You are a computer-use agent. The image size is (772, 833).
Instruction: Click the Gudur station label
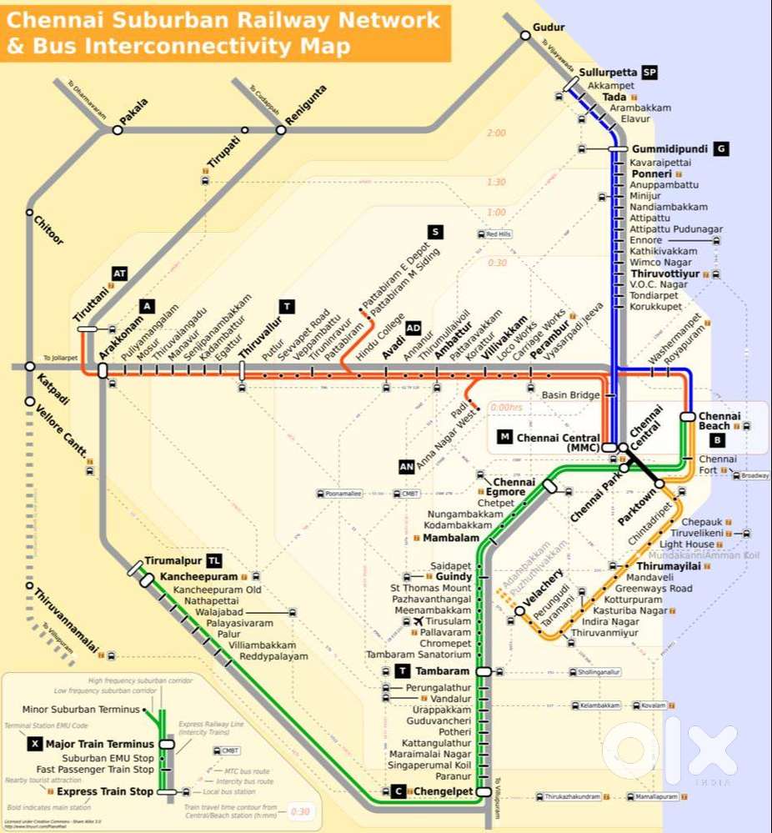[x=548, y=27]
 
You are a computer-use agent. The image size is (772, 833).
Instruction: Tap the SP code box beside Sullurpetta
[x=649, y=73]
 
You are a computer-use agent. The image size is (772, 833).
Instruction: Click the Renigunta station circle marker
[x=281, y=129]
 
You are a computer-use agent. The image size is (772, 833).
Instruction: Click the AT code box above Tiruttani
[x=119, y=273]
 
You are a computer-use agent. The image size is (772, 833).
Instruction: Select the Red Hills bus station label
[x=499, y=234]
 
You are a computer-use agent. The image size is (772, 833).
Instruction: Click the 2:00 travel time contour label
[x=496, y=133]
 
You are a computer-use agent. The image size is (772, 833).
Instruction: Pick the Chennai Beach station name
[x=714, y=421]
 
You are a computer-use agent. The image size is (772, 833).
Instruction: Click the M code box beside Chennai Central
[x=504, y=437]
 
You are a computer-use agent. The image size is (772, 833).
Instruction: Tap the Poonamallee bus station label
[x=343, y=494]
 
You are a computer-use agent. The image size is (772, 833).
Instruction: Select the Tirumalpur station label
[x=173, y=561]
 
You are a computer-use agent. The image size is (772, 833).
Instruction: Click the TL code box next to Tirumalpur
[x=215, y=561]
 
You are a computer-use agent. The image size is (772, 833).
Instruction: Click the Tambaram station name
[x=443, y=671]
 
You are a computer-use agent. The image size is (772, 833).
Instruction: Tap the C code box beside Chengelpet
[x=399, y=791]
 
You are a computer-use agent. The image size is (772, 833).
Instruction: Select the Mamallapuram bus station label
[x=653, y=797]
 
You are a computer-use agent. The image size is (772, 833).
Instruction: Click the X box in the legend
[x=34, y=744]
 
